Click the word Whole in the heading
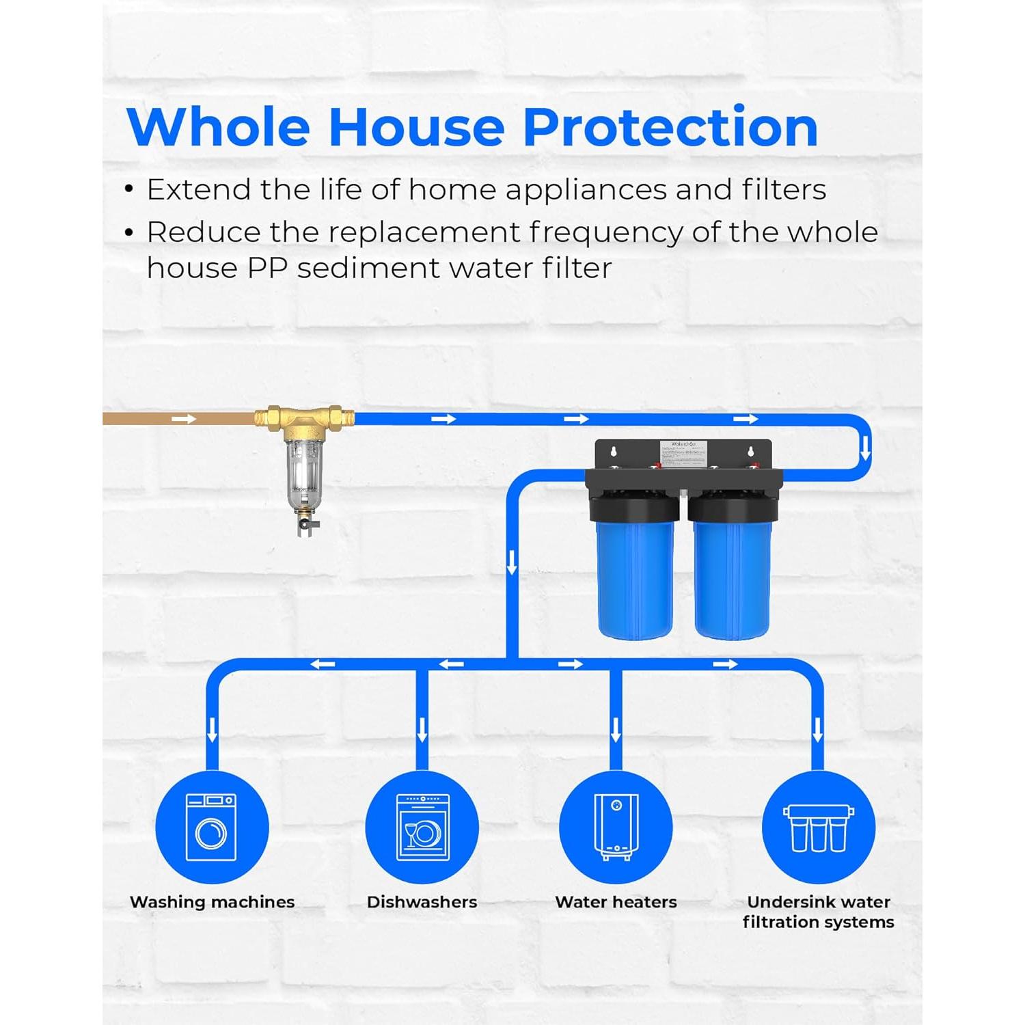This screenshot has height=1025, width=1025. pyautogui.click(x=219, y=127)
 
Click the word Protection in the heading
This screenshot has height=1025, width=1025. pyautogui.click(x=670, y=127)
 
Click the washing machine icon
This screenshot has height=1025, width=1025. pyautogui.click(x=212, y=827)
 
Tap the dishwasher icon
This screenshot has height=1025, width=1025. pyautogui.click(x=422, y=827)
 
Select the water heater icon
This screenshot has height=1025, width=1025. pyautogui.click(x=616, y=827)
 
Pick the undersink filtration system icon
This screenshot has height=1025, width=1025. pyautogui.click(x=818, y=827)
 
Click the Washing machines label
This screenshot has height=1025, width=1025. pyautogui.click(x=213, y=902)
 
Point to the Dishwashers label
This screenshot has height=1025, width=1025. pyautogui.click(x=422, y=902)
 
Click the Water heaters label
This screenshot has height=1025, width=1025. pyautogui.click(x=616, y=902)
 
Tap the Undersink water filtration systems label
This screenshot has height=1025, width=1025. pyautogui.click(x=818, y=912)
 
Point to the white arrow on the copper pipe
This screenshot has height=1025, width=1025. pyautogui.click(x=183, y=419)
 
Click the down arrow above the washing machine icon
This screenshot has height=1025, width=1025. pyautogui.click(x=212, y=730)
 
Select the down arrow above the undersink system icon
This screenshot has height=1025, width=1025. pyautogui.click(x=817, y=730)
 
